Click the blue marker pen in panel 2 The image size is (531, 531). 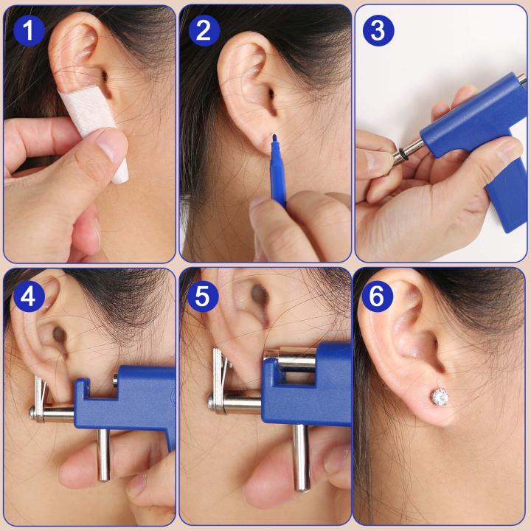[x=279, y=181]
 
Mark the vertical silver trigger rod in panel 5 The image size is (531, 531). [x=301, y=457]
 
